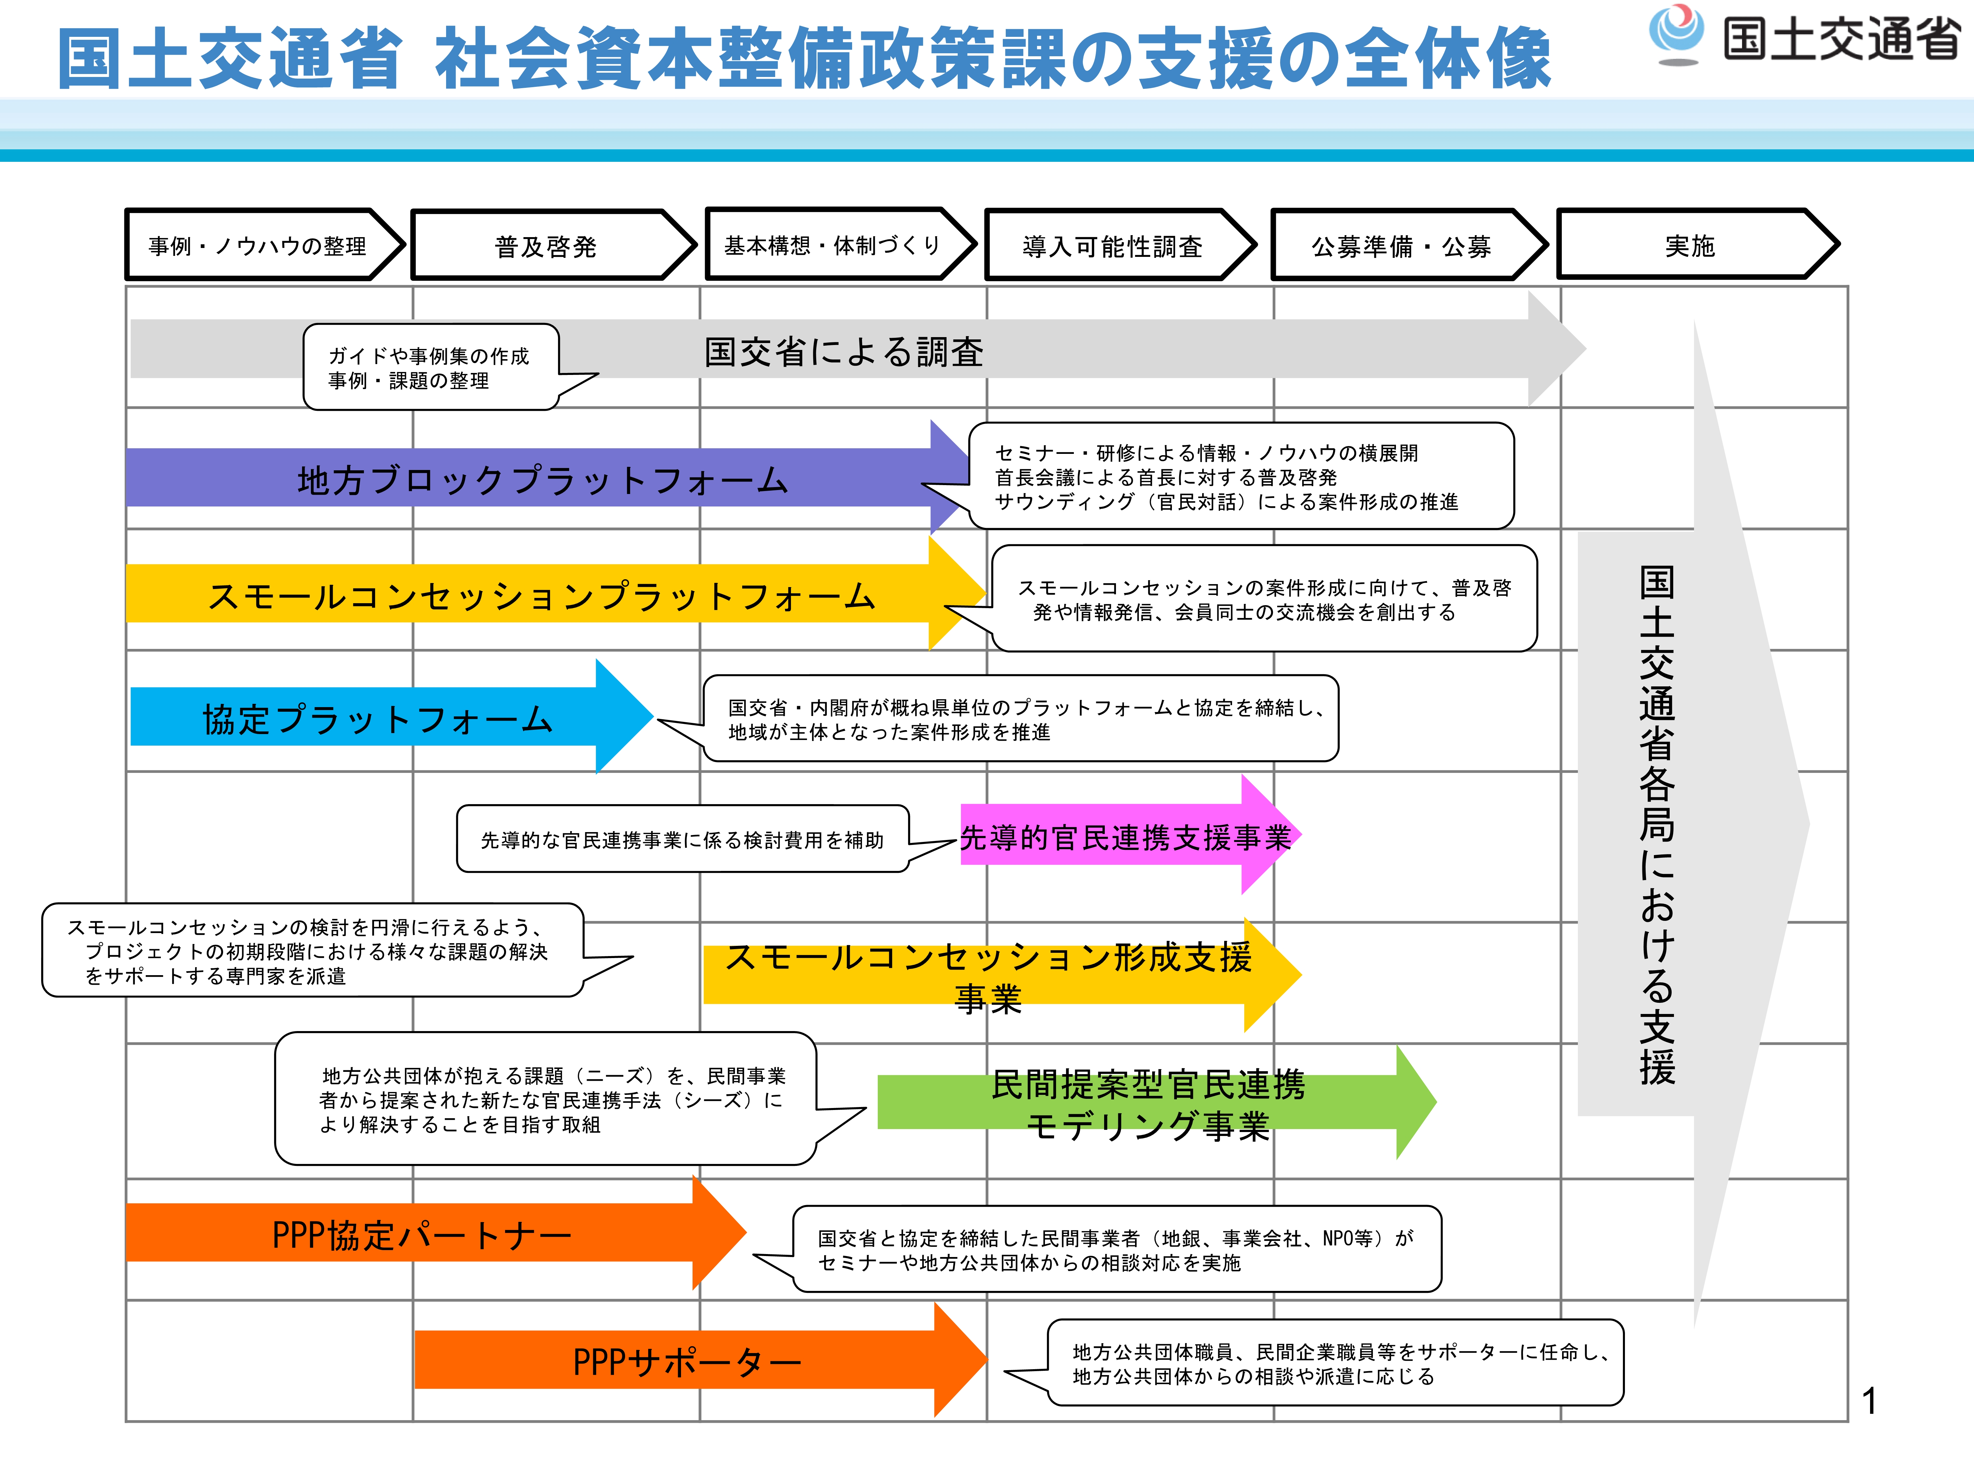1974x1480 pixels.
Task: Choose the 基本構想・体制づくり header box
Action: pos(832,245)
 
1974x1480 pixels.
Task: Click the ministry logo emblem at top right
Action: pos(1676,34)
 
